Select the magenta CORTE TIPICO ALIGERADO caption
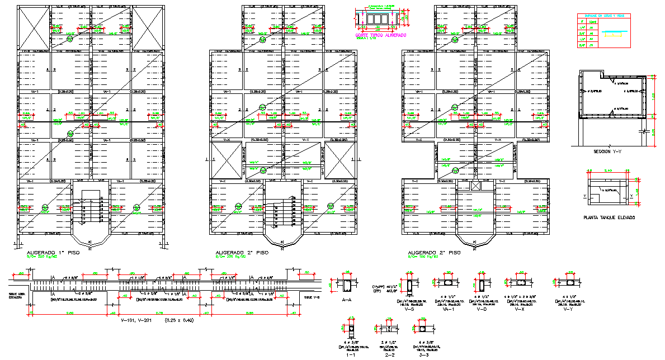(380, 35)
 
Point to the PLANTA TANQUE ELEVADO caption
(609, 217)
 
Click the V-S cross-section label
(409, 309)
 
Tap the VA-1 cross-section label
(447, 309)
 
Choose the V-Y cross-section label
(568, 309)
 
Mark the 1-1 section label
(351, 354)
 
